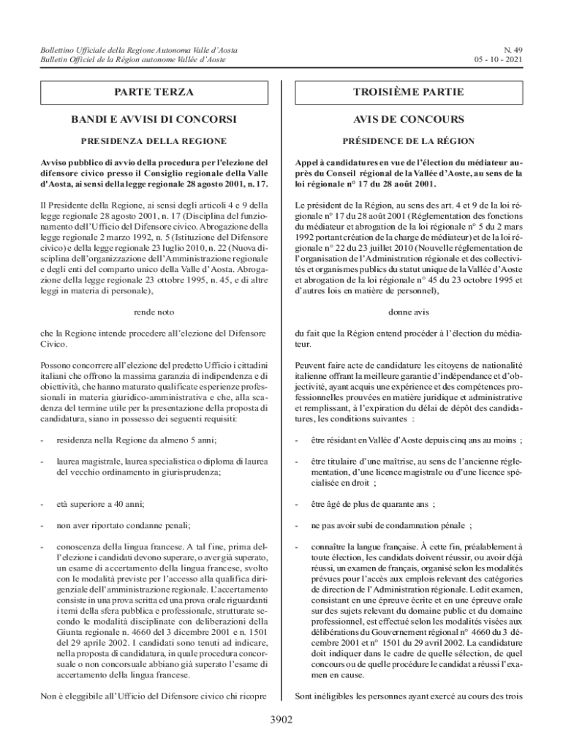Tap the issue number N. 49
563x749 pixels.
pyautogui.click(x=512, y=49)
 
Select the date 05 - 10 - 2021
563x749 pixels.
pyautogui.click(x=497, y=59)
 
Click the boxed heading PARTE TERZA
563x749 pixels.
pyautogui.click(x=154, y=93)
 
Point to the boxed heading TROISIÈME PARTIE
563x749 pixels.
pyautogui.click(x=409, y=93)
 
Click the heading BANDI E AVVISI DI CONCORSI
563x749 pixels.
pyautogui.click(x=154, y=119)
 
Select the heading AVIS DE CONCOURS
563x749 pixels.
pyautogui.click(x=409, y=119)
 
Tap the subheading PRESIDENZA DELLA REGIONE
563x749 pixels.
pyautogui.click(x=154, y=140)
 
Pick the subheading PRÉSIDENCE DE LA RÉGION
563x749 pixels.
pyautogui.click(x=409, y=140)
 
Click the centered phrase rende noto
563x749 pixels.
pyautogui.click(x=154, y=312)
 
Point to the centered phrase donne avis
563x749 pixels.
pyautogui.click(x=409, y=312)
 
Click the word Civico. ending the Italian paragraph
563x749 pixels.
pyautogui.click(x=53, y=344)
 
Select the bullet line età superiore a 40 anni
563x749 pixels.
pyautogui.click(x=95, y=504)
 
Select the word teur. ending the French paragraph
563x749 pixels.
pyautogui.click(x=303, y=344)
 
